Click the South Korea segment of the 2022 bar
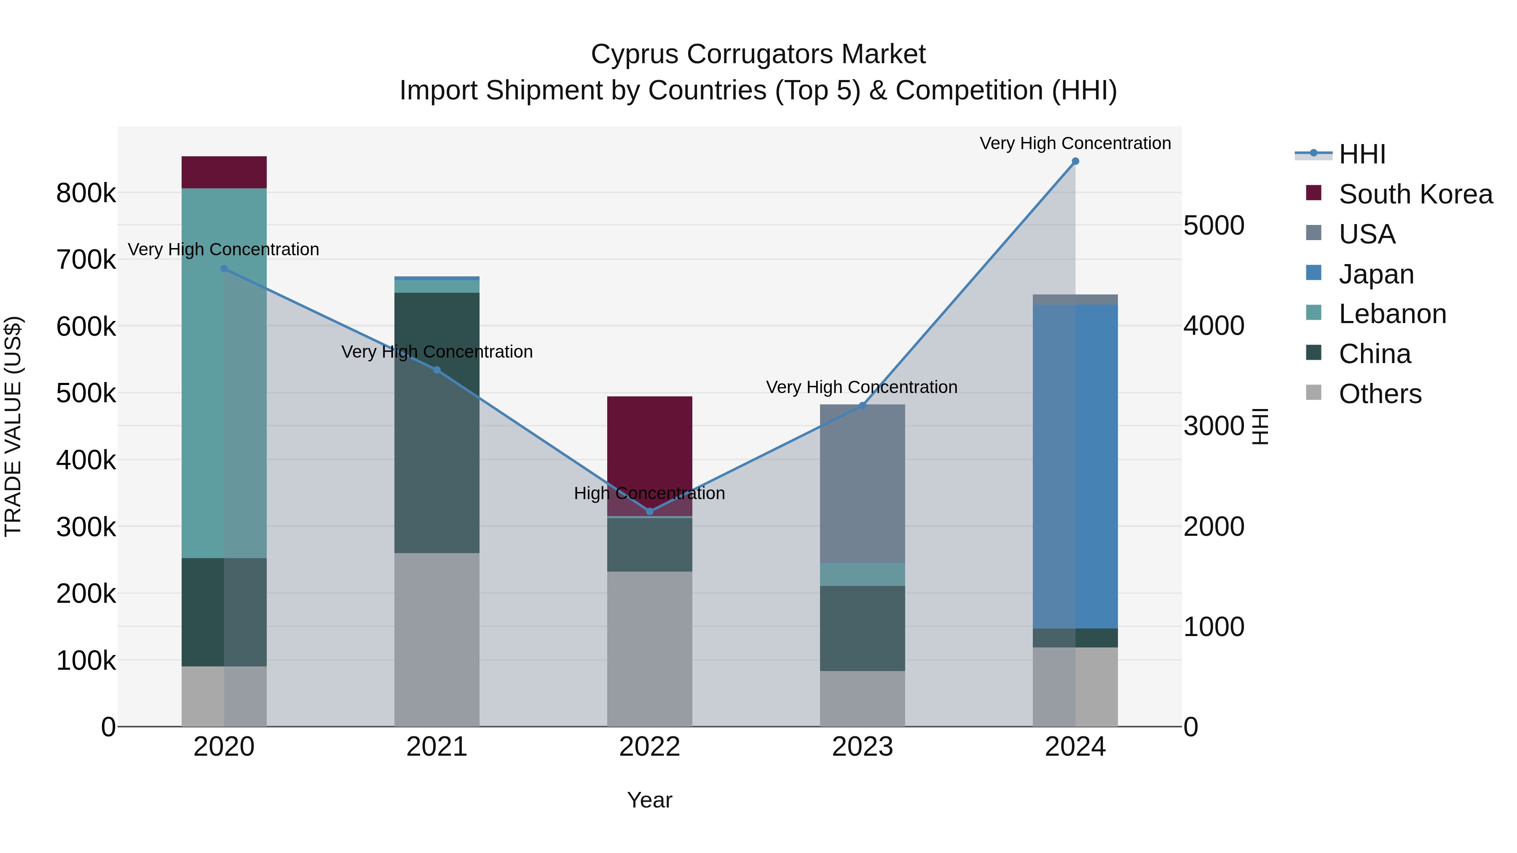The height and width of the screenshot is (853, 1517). click(649, 447)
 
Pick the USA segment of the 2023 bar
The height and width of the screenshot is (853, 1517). click(862, 483)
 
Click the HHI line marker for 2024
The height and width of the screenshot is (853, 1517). click(1075, 161)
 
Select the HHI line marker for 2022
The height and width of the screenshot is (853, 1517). click(649, 511)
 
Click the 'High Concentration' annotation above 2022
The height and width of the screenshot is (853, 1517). click(649, 493)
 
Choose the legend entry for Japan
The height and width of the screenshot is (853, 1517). click(1376, 274)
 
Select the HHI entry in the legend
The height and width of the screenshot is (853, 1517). click(1362, 154)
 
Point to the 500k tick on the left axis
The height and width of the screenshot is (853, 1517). click(86, 393)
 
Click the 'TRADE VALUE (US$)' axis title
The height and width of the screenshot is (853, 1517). click(13, 426)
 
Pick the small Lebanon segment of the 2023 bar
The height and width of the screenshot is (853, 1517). click(862, 574)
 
